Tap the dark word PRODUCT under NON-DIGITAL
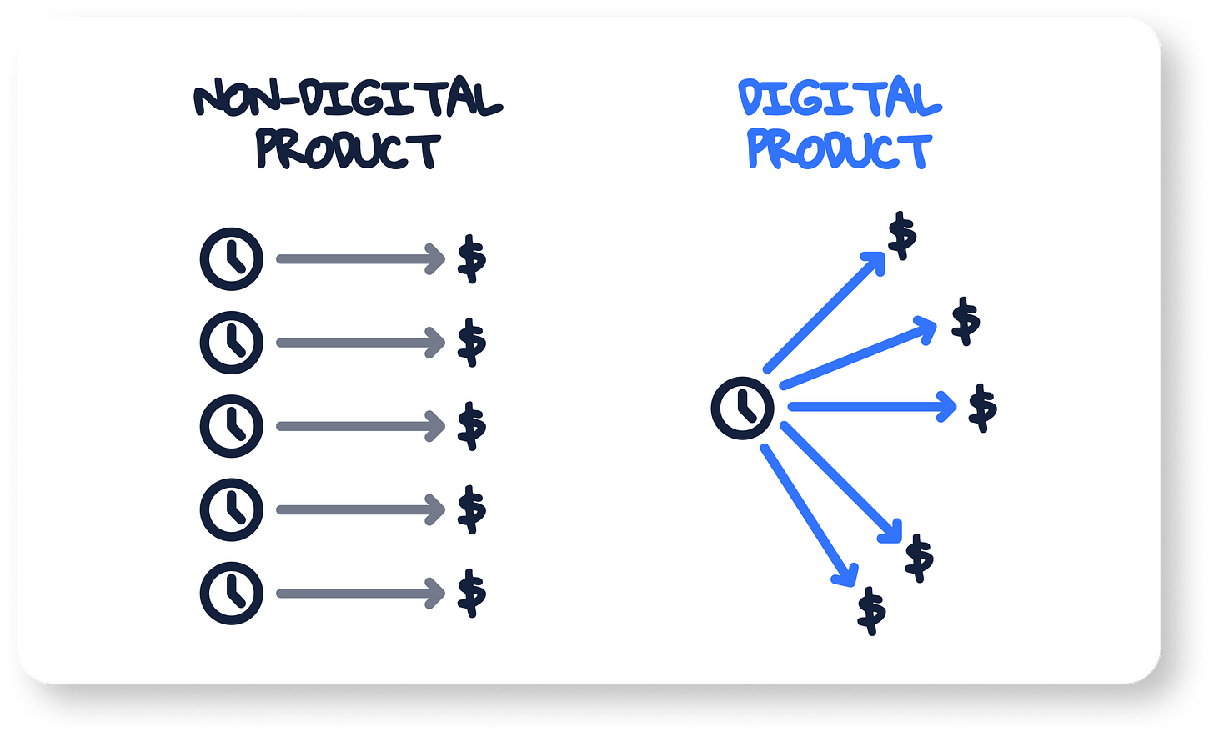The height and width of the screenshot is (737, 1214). click(348, 151)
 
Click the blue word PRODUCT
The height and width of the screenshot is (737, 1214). click(839, 151)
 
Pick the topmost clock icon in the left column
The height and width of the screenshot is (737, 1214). click(232, 259)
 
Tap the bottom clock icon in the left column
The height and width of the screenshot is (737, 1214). click(232, 594)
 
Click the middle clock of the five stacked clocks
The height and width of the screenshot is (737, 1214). click(232, 426)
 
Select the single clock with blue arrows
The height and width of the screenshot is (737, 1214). click(742, 408)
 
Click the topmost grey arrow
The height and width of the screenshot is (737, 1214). click(360, 259)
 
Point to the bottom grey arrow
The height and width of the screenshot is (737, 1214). click(360, 594)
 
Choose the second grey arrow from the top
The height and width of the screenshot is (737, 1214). click(360, 343)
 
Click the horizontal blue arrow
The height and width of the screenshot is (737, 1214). click(871, 407)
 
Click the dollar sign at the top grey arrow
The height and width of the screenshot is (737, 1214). click(472, 259)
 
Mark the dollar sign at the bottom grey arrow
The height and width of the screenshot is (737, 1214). click(472, 594)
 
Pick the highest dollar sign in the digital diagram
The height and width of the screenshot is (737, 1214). click(902, 236)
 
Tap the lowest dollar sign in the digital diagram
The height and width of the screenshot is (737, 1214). click(872, 611)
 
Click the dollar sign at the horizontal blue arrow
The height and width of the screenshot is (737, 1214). click(983, 408)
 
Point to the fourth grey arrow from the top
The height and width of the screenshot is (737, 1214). click(360, 510)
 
